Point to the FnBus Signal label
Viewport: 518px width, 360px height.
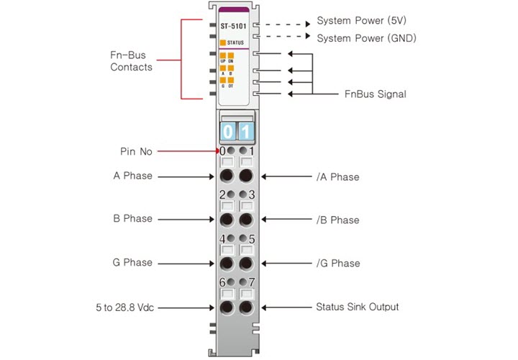tap(375, 94)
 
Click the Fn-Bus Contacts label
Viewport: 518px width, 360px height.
tap(131, 60)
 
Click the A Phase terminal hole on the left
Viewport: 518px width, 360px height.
tap(227, 176)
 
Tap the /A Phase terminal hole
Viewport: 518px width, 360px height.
tap(246, 176)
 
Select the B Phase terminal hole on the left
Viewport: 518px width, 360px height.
tap(227, 220)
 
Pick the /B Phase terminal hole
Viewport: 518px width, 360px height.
tap(246, 220)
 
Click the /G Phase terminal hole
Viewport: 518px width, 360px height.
tap(246, 264)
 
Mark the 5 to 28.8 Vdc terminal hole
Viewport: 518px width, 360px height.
tap(227, 308)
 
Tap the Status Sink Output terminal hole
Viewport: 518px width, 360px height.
tap(246, 308)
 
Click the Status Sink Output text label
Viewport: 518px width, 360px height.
tap(357, 307)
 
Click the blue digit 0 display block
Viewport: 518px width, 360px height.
tap(227, 132)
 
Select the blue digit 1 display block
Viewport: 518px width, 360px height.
tap(245, 132)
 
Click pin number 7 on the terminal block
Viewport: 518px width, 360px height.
tap(252, 282)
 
